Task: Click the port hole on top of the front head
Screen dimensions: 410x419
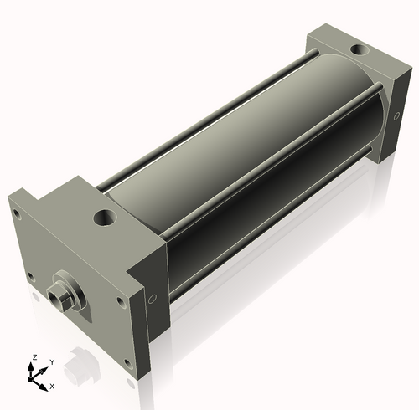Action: [106, 219]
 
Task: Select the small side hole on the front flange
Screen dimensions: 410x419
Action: [152, 297]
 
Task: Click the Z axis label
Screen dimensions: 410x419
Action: [34, 357]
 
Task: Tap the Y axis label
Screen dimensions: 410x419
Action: [52, 361]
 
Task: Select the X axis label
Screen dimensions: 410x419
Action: [52, 386]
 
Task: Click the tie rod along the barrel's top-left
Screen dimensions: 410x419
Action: [209, 117]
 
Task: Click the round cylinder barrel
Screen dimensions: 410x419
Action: [243, 151]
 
